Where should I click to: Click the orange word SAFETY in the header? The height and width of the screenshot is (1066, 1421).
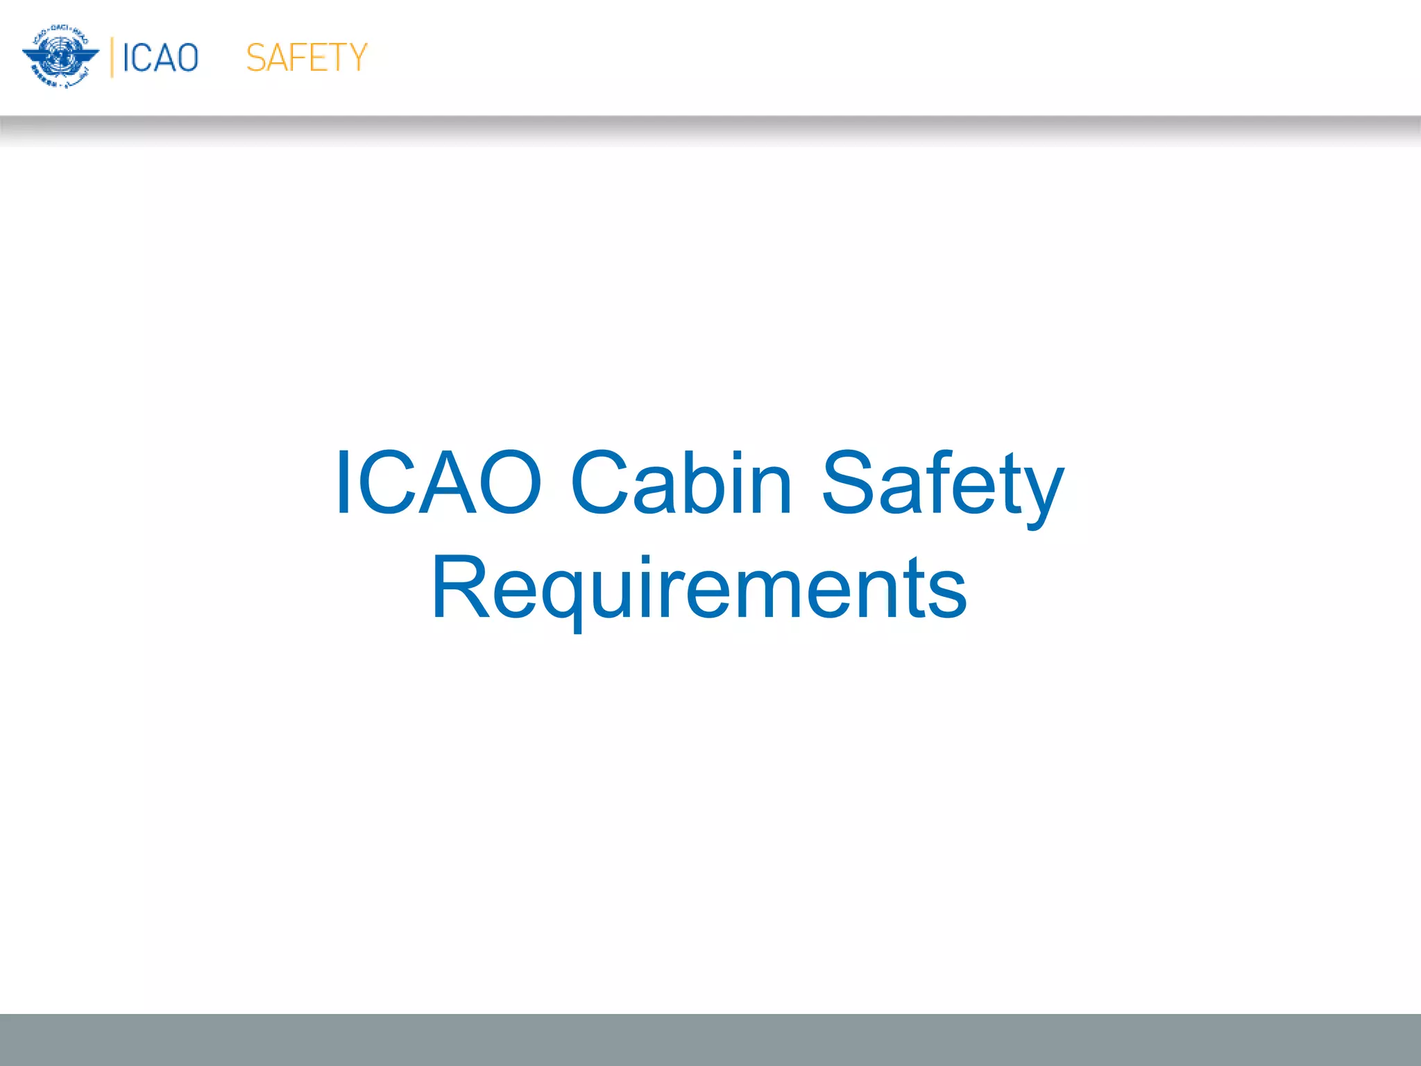(x=306, y=58)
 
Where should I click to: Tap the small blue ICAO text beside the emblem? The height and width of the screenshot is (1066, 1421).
(x=160, y=58)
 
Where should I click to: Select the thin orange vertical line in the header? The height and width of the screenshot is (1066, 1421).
(x=112, y=58)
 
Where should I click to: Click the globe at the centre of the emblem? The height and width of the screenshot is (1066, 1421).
(x=61, y=55)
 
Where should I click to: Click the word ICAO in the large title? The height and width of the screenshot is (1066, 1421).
(x=438, y=483)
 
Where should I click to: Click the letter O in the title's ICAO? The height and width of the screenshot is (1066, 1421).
(x=510, y=483)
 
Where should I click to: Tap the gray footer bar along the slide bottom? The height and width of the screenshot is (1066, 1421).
(x=710, y=1040)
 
